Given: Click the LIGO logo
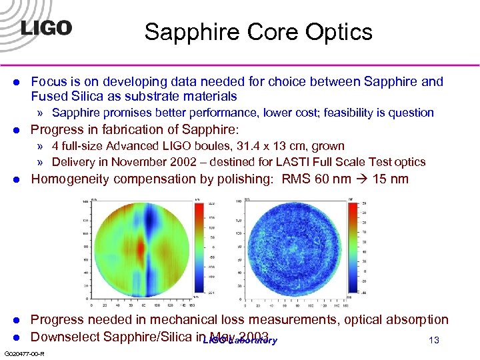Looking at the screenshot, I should pyautogui.click(x=45, y=29).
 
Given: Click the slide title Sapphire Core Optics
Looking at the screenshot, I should pyautogui.click(x=258, y=31).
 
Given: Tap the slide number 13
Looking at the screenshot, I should pyautogui.click(x=434, y=341).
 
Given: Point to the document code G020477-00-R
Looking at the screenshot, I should pyautogui.click(x=24, y=353).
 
